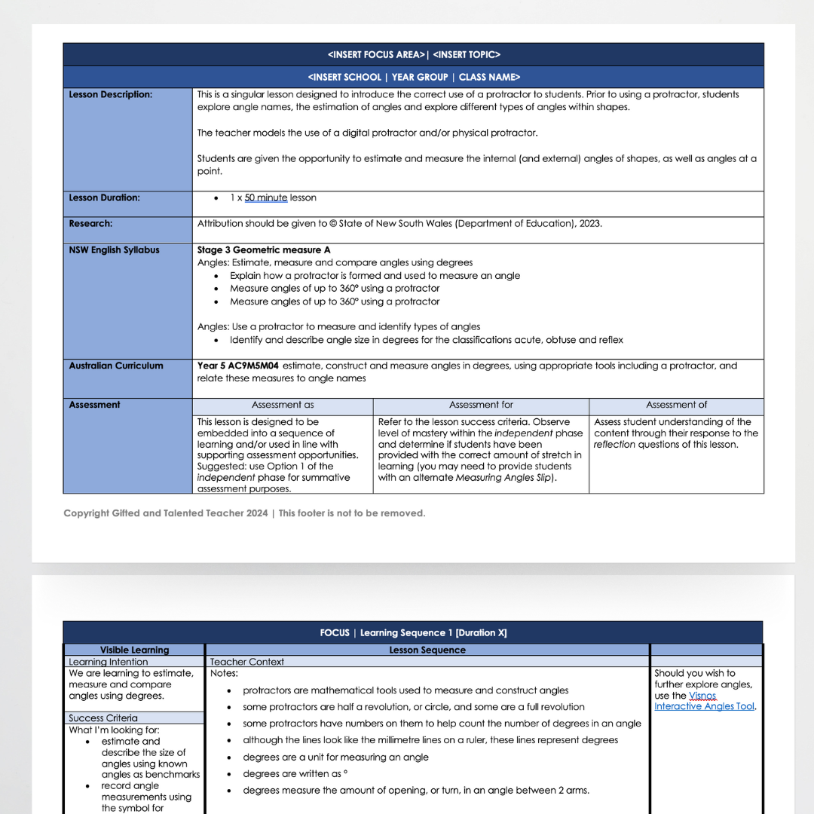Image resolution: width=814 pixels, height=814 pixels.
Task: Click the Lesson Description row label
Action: pyautogui.click(x=110, y=95)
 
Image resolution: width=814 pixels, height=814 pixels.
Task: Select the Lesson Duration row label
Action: pyautogui.click(x=104, y=198)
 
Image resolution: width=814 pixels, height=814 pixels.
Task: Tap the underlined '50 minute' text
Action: pyautogui.click(x=266, y=198)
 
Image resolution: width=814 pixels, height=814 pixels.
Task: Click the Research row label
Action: pyautogui.click(x=90, y=224)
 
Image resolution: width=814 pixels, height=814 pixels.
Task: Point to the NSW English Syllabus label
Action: pyautogui.click(x=114, y=250)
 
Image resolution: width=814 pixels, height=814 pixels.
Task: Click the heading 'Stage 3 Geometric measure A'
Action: pyautogui.click(x=264, y=250)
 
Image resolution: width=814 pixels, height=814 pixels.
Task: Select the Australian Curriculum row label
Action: pyautogui.click(x=116, y=366)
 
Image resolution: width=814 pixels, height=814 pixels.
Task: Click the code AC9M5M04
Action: pyautogui.click(x=249, y=366)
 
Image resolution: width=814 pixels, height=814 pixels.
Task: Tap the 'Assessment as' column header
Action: pyautogui.click(x=283, y=405)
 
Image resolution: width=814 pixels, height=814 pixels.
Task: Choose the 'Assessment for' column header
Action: pyautogui.click(x=481, y=405)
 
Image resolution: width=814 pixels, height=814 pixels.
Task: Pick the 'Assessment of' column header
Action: pyautogui.click(x=676, y=405)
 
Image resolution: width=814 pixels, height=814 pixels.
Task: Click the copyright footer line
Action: pyautogui.click(x=244, y=513)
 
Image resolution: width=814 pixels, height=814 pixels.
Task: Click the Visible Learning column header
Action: pyautogui.click(x=134, y=650)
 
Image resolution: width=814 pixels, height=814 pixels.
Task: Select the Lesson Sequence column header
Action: pyautogui.click(x=427, y=650)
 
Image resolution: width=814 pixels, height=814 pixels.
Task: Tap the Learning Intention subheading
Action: pyautogui.click(x=109, y=663)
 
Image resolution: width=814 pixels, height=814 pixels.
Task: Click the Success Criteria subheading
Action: pyautogui.click(x=103, y=718)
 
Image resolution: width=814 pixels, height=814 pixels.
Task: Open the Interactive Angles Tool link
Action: pyautogui.click(x=704, y=707)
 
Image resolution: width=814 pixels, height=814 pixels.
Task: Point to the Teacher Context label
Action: pyautogui.click(x=247, y=663)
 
